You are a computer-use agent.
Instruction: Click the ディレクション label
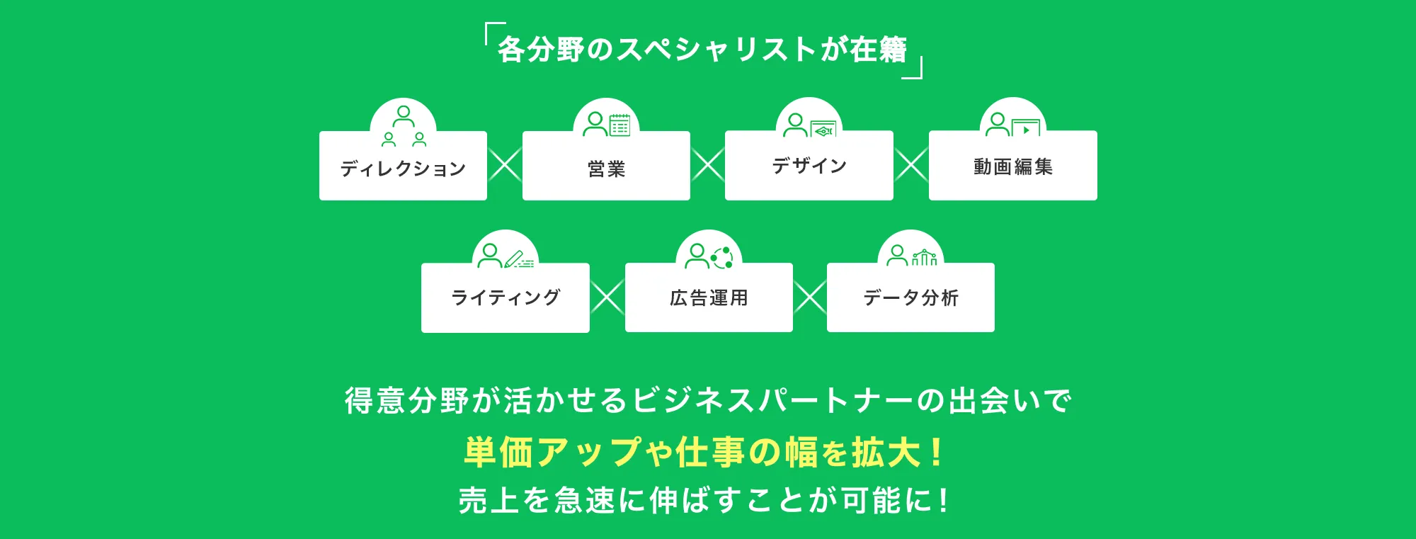point(403,169)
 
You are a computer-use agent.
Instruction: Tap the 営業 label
point(607,169)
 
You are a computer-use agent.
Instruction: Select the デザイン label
point(809,166)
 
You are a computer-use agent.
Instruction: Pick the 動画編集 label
point(1013,167)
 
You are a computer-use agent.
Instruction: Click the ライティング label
point(506,297)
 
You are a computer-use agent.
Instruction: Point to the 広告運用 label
point(709,298)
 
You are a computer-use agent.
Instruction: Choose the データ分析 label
point(911,298)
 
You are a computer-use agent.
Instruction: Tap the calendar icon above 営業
point(619,125)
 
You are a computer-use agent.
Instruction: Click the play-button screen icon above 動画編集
point(1026,128)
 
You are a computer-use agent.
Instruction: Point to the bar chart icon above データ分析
point(925,257)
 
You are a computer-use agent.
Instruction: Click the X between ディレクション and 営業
point(505,165)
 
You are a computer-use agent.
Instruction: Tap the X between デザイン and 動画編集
point(911,165)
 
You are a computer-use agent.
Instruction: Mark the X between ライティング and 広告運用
point(607,297)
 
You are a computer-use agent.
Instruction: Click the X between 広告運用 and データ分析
point(810,297)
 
